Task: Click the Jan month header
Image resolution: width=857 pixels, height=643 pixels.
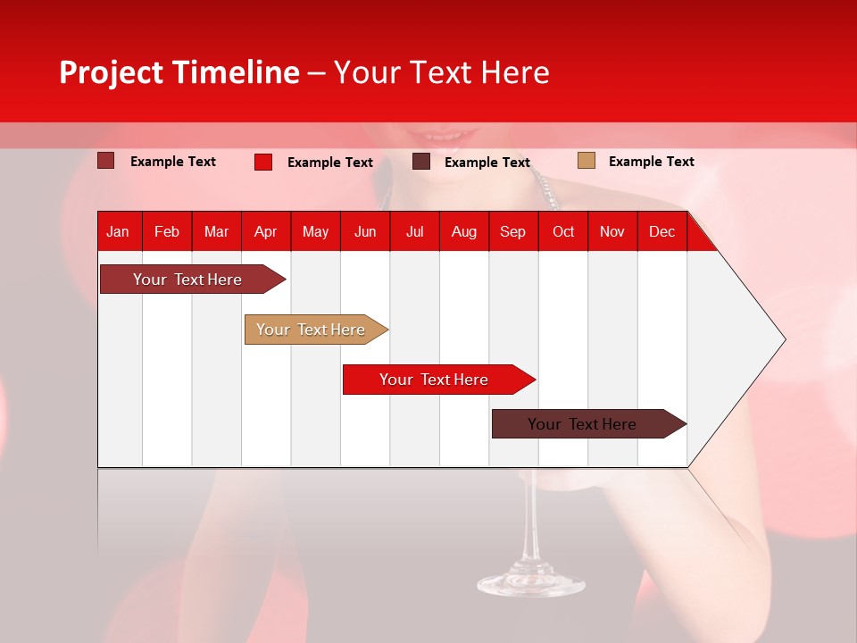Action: (118, 231)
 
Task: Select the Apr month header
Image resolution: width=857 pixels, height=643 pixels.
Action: (265, 231)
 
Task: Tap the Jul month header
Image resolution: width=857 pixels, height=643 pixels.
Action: (414, 231)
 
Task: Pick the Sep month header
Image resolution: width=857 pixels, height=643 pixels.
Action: (512, 231)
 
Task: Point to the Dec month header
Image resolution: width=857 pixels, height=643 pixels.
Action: (661, 231)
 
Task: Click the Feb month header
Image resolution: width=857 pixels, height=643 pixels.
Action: (167, 231)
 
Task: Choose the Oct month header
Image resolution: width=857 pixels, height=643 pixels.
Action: (563, 231)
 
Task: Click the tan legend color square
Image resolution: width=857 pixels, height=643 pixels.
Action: (586, 161)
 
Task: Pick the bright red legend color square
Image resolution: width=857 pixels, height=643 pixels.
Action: (263, 162)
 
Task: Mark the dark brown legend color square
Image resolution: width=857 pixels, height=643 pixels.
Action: (421, 162)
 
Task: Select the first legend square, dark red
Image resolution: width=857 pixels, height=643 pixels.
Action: (106, 161)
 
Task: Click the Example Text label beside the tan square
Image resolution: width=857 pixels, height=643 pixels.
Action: (651, 162)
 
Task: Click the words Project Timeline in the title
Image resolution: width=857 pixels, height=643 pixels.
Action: (179, 72)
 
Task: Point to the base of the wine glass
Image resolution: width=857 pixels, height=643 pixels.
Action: (530, 584)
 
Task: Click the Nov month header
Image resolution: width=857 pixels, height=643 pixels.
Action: (612, 231)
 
